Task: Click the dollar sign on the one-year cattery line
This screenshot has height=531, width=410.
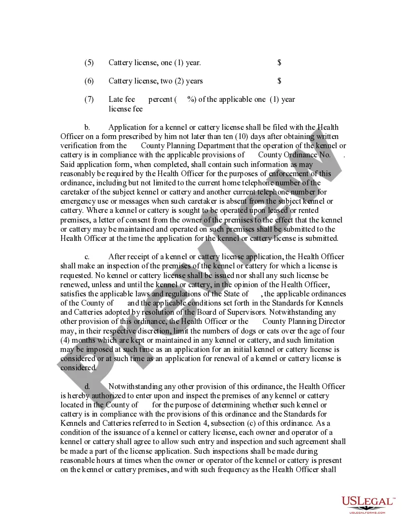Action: [x=280, y=63]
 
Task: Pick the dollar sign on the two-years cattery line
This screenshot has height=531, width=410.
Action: [x=280, y=81]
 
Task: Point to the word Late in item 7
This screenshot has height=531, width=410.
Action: [x=116, y=99]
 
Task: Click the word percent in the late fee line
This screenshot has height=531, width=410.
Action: [x=160, y=99]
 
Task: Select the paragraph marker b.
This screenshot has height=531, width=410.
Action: [x=87, y=127]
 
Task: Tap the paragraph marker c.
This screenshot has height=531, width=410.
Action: [x=87, y=257]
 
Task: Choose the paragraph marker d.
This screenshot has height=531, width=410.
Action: [x=87, y=386]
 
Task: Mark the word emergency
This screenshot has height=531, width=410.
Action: [x=78, y=201]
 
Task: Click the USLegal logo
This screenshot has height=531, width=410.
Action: [x=368, y=502]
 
